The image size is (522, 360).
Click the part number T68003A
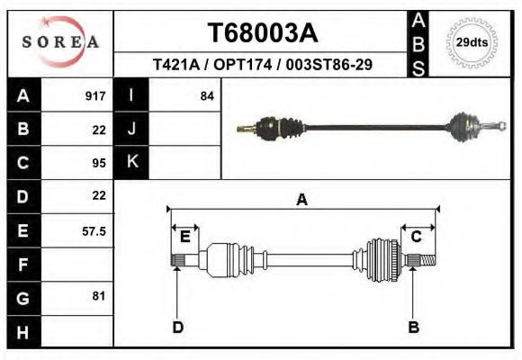(263, 33)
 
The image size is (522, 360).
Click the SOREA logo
(60, 42)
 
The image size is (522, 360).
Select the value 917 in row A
(94, 95)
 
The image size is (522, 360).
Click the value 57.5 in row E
(94, 231)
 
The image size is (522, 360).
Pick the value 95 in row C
(99, 163)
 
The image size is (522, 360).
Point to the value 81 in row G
(99, 296)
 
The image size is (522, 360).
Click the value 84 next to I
(206, 95)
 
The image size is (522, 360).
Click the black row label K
(131, 162)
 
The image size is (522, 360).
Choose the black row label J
(131, 129)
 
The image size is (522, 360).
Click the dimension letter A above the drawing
(301, 200)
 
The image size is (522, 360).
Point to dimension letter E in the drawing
(184, 237)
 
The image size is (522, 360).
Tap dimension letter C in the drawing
(417, 237)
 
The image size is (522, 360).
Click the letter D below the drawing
(177, 327)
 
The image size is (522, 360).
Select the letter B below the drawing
(414, 327)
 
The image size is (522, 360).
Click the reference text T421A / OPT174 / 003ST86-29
(263, 65)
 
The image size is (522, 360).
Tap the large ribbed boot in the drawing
(381, 259)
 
